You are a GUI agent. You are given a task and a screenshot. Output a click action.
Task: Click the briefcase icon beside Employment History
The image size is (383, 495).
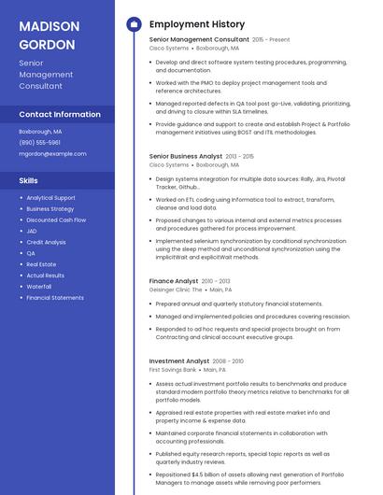pyautogui.click(x=133, y=24)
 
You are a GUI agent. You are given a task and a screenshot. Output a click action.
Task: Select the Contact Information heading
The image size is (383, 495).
pyautogui.click(x=60, y=114)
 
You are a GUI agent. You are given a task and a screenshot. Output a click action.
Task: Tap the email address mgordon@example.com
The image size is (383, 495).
pyautogui.click(x=52, y=153)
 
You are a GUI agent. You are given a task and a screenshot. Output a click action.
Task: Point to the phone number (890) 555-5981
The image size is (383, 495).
pyautogui.click(x=39, y=143)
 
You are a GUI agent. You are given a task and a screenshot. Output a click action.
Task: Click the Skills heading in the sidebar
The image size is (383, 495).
pyautogui.click(x=29, y=180)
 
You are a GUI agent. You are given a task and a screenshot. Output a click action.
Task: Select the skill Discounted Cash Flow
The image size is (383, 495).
pyautogui.click(x=56, y=219)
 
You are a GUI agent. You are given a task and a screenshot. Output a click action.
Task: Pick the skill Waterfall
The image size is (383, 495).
pyautogui.click(x=39, y=287)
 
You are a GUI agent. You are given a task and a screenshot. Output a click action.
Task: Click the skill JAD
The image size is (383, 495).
pyautogui.click(x=32, y=231)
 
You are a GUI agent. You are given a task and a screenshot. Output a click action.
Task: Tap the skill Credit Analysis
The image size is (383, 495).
pyautogui.click(x=46, y=242)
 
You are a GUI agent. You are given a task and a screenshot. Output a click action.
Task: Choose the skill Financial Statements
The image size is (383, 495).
pyautogui.click(x=55, y=298)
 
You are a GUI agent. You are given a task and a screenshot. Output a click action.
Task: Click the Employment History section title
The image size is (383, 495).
pyautogui.click(x=197, y=24)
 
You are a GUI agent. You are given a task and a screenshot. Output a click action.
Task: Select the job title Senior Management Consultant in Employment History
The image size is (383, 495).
pyautogui.click(x=199, y=40)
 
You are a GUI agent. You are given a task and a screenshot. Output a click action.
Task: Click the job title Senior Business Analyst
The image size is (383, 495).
pyautogui.click(x=186, y=156)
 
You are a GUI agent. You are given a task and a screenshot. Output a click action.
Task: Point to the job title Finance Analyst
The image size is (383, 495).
pyautogui.click(x=174, y=281)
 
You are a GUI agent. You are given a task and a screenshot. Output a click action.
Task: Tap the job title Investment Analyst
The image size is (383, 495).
pyautogui.click(x=179, y=361)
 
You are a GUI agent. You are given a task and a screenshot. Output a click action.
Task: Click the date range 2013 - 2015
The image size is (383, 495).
pyautogui.click(x=240, y=157)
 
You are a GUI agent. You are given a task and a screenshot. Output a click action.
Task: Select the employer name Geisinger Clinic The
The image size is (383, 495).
pyautogui.click(x=176, y=290)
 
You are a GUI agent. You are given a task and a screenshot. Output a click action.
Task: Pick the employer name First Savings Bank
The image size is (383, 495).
pyautogui.click(x=173, y=370)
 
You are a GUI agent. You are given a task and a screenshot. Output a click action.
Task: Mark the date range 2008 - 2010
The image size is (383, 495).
pyautogui.click(x=228, y=361)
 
